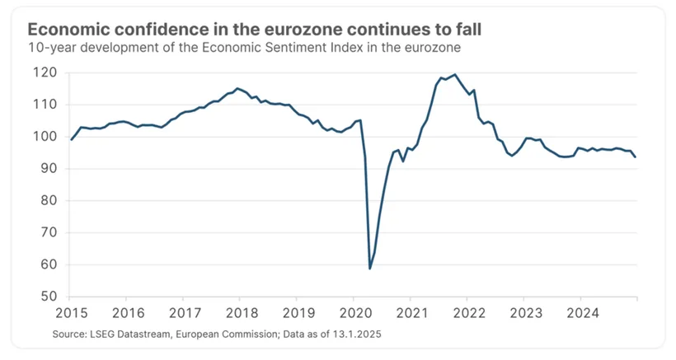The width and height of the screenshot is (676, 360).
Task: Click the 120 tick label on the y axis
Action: (45, 72)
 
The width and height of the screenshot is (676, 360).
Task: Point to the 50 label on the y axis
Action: (49, 297)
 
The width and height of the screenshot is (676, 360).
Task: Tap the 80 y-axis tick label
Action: (49, 200)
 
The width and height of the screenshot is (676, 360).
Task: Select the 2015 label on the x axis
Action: (72, 313)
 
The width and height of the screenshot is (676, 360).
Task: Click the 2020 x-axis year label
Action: (355, 313)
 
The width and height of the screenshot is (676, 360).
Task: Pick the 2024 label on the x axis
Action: (583, 313)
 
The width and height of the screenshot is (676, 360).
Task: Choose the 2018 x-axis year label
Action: (242, 313)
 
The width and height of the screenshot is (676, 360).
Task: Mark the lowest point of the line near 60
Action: (370, 269)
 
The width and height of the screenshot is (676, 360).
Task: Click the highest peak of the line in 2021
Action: (455, 74)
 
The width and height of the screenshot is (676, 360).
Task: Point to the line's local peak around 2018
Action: (237, 88)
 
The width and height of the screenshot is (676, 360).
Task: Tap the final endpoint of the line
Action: (635, 157)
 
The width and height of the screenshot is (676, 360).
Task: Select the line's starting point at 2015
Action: (71, 139)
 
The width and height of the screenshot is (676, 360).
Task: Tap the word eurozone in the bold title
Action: (303, 30)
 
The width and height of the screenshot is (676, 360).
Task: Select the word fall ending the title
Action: (467, 30)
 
